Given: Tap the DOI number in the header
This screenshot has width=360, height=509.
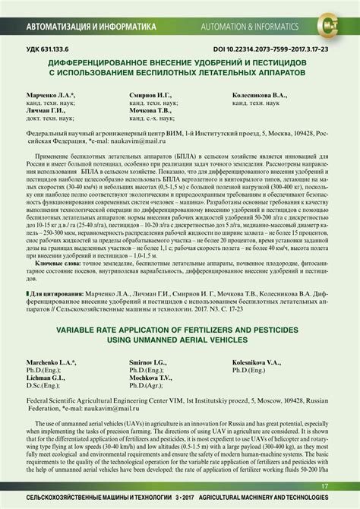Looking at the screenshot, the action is coord(250,49).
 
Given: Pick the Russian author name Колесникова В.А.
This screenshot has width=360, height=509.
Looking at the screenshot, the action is coord(259,96).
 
